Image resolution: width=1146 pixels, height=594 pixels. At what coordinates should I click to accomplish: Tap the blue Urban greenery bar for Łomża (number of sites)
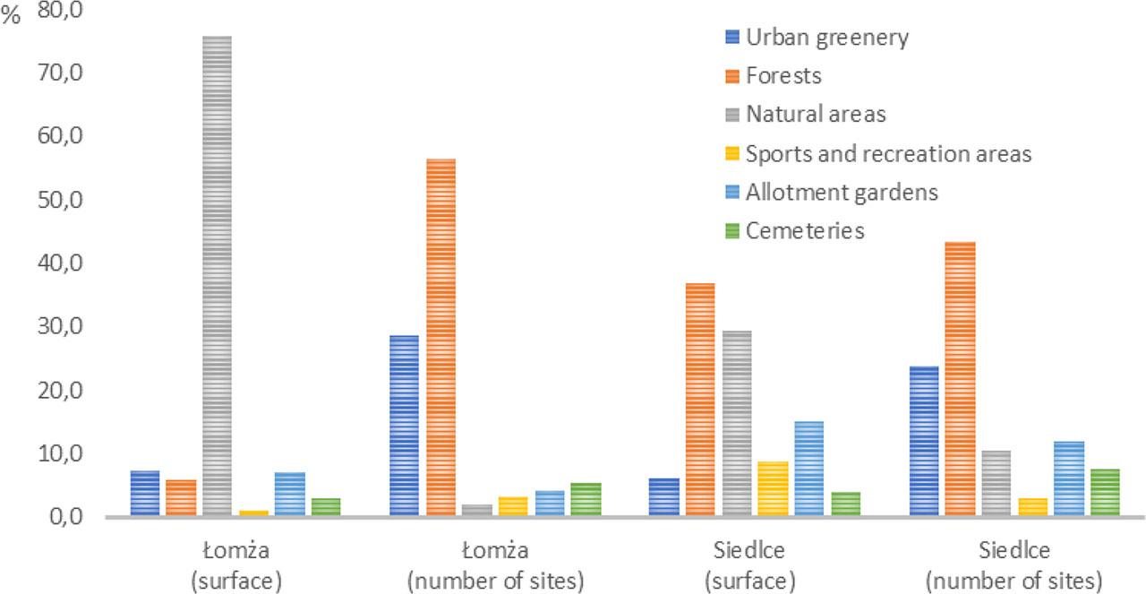[x=404, y=426]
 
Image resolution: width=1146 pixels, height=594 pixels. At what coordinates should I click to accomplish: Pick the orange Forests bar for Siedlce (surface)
[x=700, y=400]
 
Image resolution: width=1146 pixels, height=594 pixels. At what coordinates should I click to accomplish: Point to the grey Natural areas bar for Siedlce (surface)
[x=737, y=424]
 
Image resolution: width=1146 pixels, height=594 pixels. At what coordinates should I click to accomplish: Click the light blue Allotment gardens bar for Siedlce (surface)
[x=808, y=469]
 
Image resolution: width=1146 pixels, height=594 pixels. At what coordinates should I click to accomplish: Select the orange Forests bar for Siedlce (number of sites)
[x=961, y=379]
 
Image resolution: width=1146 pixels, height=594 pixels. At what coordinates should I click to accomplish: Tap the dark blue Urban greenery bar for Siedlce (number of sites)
[x=924, y=441]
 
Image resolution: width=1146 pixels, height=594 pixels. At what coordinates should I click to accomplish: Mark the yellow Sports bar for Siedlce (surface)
[x=773, y=489]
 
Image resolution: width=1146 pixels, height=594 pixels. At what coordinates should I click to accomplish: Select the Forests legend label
[x=783, y=76]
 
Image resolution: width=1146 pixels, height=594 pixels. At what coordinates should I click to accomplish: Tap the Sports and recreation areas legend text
[x=889, y=154]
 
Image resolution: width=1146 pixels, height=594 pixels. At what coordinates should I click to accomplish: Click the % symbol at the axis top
[x=11, y=18]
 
